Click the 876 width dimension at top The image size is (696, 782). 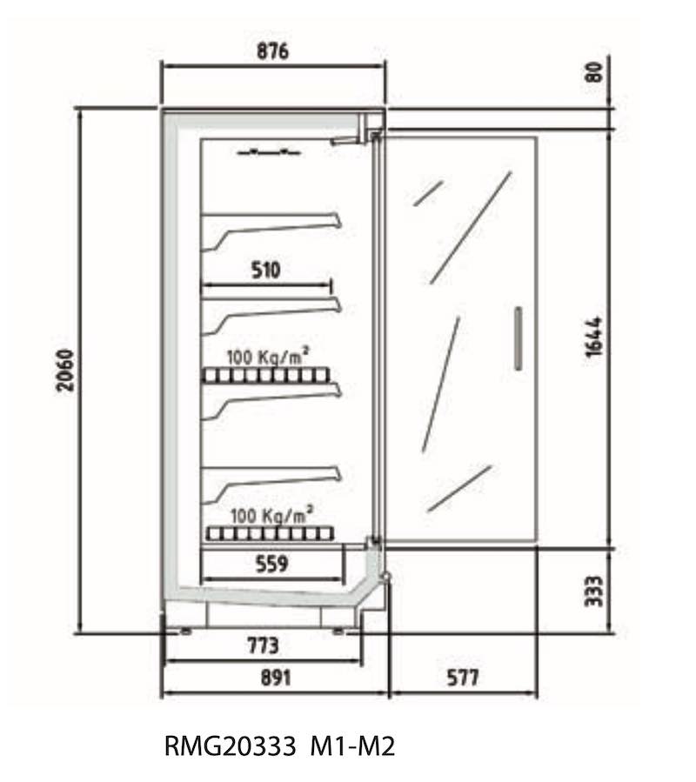pyautogui.click(x=272, y=50)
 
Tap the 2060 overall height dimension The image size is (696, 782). pyautogui.click(x=65, y=371)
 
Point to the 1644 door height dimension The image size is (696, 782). pyautogui.click(x=593, y=337)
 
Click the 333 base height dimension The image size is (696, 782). pyautogui.click(x=593, y=591)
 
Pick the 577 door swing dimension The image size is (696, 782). pyautogui.click(x=462, y=678)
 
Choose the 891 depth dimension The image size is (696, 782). pyautogui.click(x=275, y=678)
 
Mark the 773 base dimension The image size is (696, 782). pyautogui.click(x=263, y=645)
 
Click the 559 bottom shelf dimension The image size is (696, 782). pyautogui.click(x=272, y=564)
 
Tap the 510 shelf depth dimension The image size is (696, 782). pyautogui.click(x=265, y=271)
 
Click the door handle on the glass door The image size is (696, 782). pyautogui.click(x=519, y=338)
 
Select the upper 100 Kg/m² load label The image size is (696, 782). pyautogui.click(x=268, y=356)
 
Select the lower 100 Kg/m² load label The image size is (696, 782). pyautogui.click(x=272, y=515)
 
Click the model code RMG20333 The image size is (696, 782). pyautogui.click(x=230, y=746)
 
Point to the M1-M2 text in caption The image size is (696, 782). pyautogui.click(x=352, y=746)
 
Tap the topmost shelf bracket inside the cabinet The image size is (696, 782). pyautogui.click(x=271, y=232)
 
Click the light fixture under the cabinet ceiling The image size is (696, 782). pyautogui.click(x=269, y=151)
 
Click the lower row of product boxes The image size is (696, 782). pyautogui.click(x=270, y=534)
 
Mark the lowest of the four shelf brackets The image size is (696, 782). pyautogui.click(x=271, y=485)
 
